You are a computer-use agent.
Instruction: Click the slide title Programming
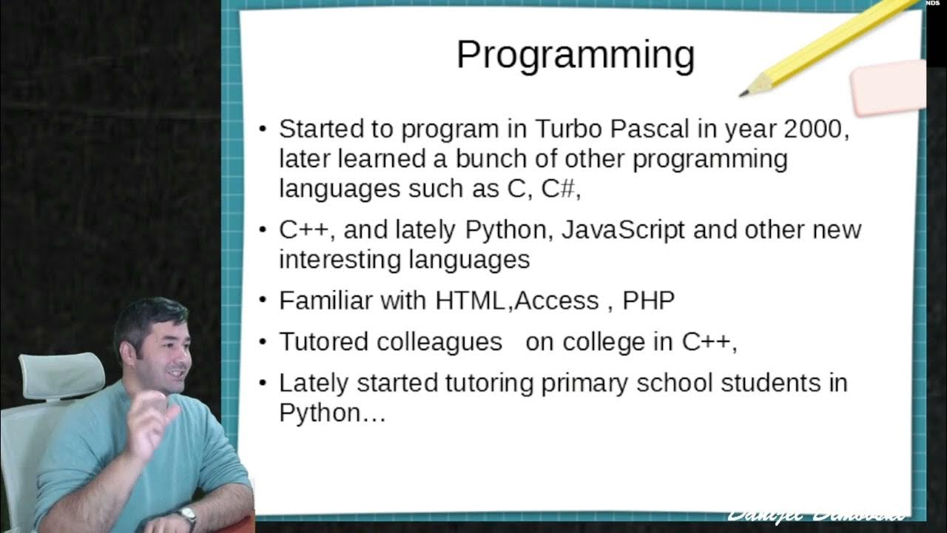coord(575,56)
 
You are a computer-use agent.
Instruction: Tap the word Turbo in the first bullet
coord(569,129)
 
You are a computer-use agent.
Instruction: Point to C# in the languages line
coord(558,189)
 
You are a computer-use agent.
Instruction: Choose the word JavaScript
coord(623,229)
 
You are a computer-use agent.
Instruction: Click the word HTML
coord(471,301)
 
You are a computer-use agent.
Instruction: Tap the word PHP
coord(648,301)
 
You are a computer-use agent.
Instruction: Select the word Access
coord(556,301)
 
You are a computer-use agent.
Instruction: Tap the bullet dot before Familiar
coord(263,301)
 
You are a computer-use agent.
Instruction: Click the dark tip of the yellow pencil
coord(744,93)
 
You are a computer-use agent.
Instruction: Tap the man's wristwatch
coord(187,515)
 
